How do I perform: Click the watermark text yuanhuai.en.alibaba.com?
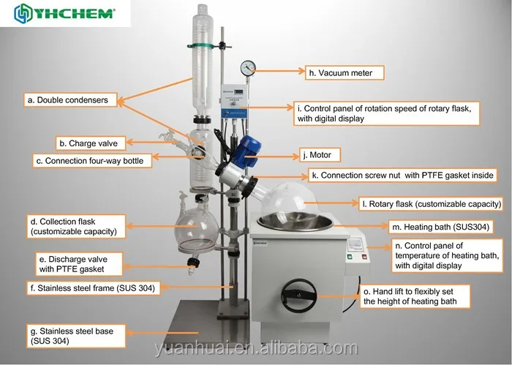tap(256, 350)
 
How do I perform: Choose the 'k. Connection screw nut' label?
tap(402, 176)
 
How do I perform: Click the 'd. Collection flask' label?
tap(73, 226)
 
